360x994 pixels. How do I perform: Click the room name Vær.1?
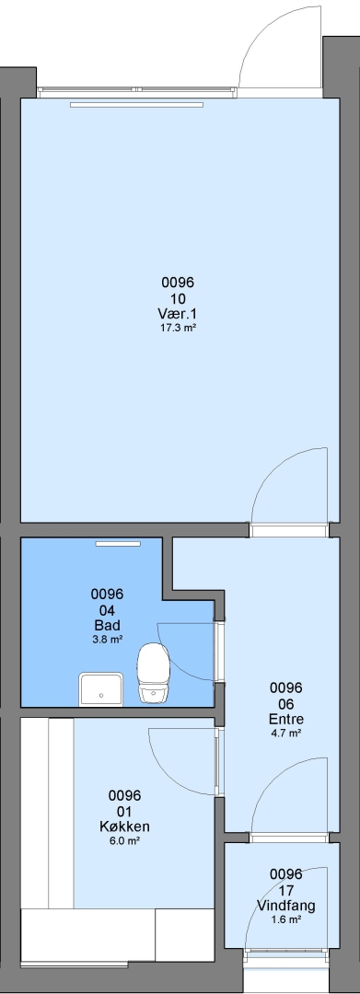(x=178, y=314)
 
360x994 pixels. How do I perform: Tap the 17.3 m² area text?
(x=178, y=328)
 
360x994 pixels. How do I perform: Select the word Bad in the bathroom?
(x=107, y=626)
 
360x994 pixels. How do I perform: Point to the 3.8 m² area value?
(x=107, y=640)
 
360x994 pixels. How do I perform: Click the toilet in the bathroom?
(x=153, y=672)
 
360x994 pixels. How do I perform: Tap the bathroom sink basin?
(x=100, y=689)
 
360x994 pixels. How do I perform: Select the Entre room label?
(x=285, y=720)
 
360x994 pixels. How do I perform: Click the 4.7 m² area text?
(x=285, y=734)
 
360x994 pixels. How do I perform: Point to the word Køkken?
(x=124, y=826)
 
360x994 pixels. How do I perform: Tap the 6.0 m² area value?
(x=124, y=840)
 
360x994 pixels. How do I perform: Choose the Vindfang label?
(x=285, y=906)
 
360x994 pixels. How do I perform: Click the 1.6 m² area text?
(x=285, y=919)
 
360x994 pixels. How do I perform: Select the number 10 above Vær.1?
(x=178, y=298)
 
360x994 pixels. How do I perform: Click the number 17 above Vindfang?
(x=285, y=890)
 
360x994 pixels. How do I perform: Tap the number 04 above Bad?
(x=107, y=610)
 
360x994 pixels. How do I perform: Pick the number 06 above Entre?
(x=285, y=704)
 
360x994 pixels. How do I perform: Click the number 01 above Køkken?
(x=124, y=812)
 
